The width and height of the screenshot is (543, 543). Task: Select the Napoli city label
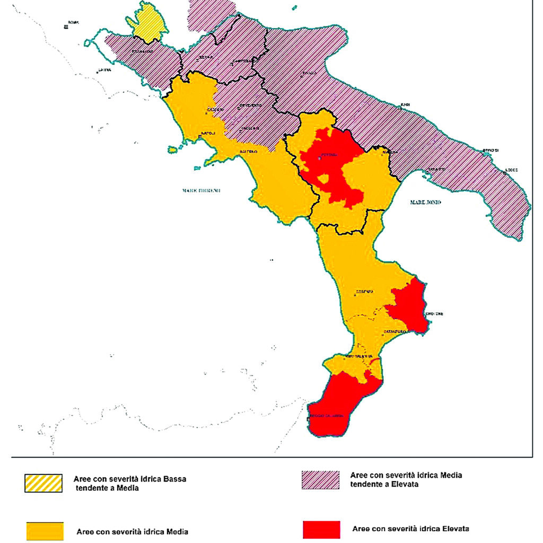pyautogui.click(x=206, y=133)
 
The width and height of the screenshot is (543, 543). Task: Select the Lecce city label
pyautogui.click(x=511, y=170)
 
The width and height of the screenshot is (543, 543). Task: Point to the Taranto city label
pyautogui.click(x=437, y=169)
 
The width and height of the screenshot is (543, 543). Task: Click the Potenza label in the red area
pyautogui.click(x=328, y=156)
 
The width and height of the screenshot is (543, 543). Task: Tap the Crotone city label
pyautogui.click(x=434, y=313)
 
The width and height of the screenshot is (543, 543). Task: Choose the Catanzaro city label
pyautogui.click(x=395, y=331)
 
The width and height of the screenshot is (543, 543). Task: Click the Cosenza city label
pyautogui.click(x=365, y=292)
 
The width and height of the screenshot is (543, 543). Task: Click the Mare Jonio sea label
pyautogui.click(x=426, y=202)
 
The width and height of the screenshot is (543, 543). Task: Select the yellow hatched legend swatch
pyautogui.click(x=43, y=483)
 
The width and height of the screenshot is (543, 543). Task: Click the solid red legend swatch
pyautogui.click(x=321, y=529)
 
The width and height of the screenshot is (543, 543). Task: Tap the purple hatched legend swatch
pyautogui.click(x=320, y=479)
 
